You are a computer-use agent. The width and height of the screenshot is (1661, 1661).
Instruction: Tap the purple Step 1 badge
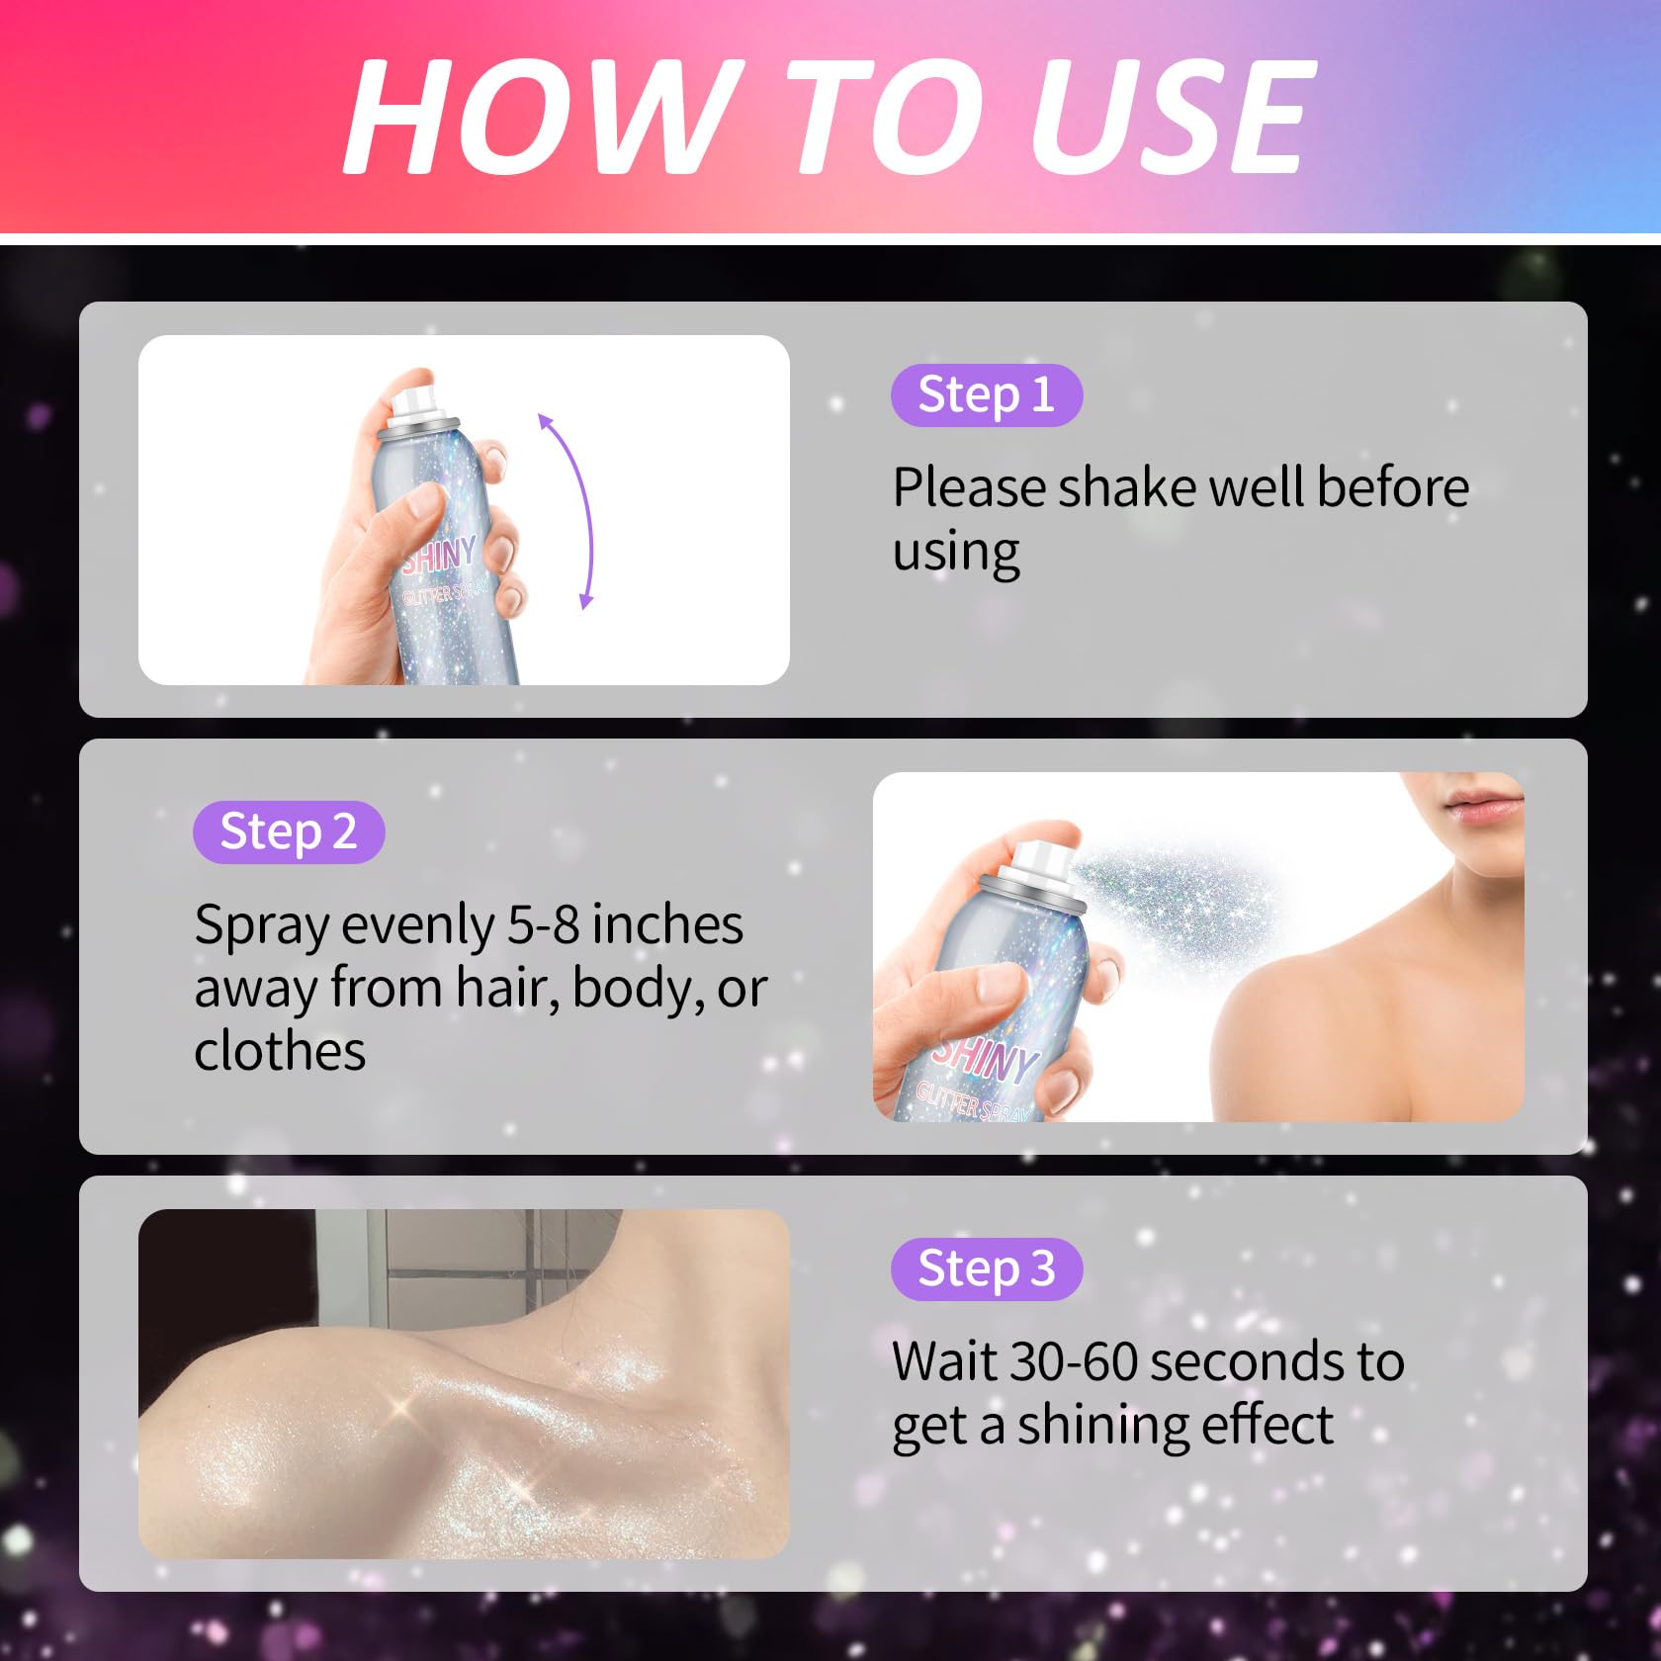click(x=987, y=395)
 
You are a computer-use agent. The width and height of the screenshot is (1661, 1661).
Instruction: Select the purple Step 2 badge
click(x=289, y=832)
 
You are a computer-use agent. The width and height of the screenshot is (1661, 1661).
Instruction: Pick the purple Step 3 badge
click(x=987, y=1269)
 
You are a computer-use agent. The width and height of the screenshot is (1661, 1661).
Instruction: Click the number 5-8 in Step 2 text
click(x=543, y=925)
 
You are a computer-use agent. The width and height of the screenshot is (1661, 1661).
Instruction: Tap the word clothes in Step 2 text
click(x=280, y=1051)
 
